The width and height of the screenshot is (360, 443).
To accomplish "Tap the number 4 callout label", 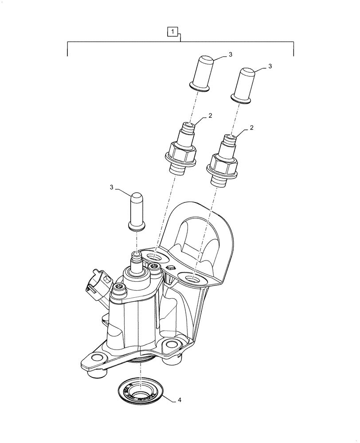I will pyautogui.click(x=179, y=400).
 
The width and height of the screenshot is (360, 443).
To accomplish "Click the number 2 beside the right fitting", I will pyautogui.click(x=251, y=127).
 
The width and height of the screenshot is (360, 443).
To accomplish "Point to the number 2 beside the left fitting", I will pyautogui.click(x=210, y=116).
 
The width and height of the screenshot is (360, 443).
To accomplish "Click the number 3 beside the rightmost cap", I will pyautogui.click(x=270, y=66).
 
